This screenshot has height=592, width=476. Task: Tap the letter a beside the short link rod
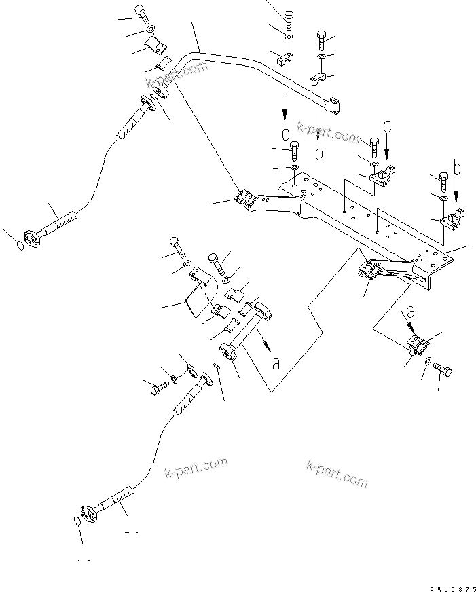[x=276, y=363]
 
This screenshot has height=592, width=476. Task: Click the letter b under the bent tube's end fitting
[x=319, y=153]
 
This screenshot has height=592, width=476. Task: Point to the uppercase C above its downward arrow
[x=387, y=126]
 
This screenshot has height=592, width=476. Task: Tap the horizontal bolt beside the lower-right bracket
[x=441, y=369]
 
